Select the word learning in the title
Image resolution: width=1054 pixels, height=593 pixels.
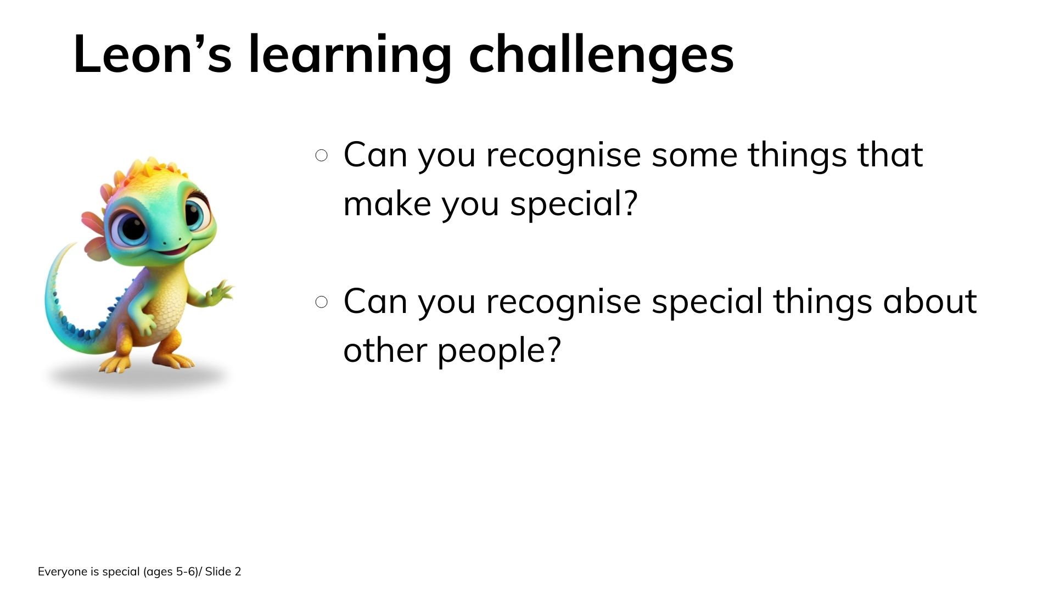click(x=350, y=55)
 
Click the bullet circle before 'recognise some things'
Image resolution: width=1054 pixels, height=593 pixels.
click(x=322, y=155)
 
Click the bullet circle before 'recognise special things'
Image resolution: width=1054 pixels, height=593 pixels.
click(x=322, y=302)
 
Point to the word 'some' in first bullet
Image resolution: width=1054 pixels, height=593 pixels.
click(x=694, y=155)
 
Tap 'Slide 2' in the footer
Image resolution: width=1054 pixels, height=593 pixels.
click(x=223, y=572)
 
